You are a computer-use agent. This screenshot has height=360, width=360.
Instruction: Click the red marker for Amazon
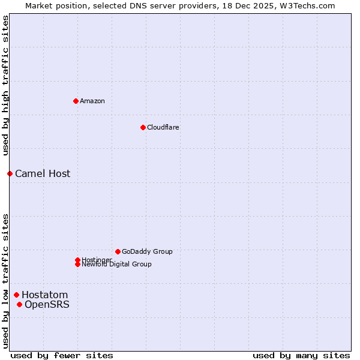click(x=76, y=101)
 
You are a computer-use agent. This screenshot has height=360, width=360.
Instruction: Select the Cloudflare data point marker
click(x=143, y=127)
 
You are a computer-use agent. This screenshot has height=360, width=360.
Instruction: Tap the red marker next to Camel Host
click(x=10, y=173)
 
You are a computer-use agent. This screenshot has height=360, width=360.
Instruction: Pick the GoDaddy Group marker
click(x=118, y=251)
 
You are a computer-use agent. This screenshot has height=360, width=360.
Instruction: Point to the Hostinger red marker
click(x=77, y=260)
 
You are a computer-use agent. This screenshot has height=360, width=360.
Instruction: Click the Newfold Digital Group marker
click(x=77, y=264)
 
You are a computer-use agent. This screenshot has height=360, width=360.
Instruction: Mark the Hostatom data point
click(x=16, y=295)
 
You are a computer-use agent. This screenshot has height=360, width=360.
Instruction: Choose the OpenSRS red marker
click(x=19, y=304)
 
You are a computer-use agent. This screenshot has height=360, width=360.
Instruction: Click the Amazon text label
click(x=92, y=101)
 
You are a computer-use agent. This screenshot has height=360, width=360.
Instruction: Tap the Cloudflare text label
click(x=163, y=127)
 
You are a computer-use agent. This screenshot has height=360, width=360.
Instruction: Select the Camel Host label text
click(x=43, y=173)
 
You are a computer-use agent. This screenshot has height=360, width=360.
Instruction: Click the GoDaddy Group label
click(x=147, y=251)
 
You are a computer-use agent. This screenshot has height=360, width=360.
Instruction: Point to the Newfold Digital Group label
click(x=117, y=265)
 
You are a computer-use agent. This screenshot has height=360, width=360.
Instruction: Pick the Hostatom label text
click(x=45, y=295)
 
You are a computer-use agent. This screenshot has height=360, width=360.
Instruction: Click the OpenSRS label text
click(x=47, y=304)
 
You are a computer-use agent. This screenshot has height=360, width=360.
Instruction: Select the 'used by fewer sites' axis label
click(x=62, y=356)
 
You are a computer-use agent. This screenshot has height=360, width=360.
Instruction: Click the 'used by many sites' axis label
click(x=301, y=356)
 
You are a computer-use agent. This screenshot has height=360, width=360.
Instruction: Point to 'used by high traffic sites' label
click(x=5, y=85)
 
